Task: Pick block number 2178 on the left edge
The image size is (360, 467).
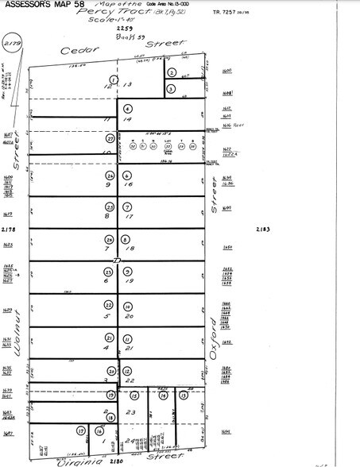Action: click(x=10, y=229)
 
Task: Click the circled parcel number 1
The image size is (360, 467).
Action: click(x=114, y=80)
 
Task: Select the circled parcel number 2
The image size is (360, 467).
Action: click(x=172, y=72)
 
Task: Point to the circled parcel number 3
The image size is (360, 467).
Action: click(x=171, y=89)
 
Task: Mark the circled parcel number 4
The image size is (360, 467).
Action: click(x=127, y=108)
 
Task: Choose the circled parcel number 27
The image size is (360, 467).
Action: click(x=110, y=138)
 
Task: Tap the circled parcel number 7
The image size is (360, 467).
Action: click(x=127, y=206)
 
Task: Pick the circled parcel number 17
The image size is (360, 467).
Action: click(x=80, y=431)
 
